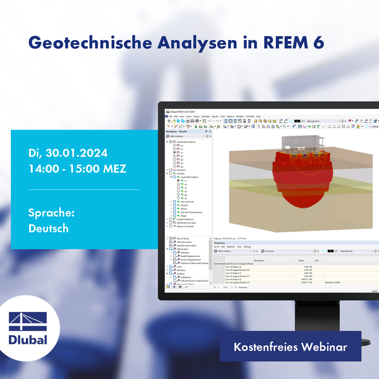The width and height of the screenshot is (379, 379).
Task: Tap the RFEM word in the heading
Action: (282, 43)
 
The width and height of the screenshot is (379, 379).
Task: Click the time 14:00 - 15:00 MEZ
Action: (77, 169)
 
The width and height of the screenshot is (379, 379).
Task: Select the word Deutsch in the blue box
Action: (48, 228)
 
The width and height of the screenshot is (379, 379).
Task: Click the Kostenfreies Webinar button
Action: (290, 347)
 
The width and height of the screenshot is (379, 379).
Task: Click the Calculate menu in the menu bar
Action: (206, 116)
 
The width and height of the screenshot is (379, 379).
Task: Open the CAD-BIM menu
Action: (250, 116)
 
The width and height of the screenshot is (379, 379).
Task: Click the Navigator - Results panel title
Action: (177, 131)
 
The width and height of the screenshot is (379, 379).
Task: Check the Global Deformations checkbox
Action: (171, 142)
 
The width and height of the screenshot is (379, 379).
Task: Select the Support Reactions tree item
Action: (185, 219)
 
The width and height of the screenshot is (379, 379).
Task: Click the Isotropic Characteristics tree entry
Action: (191, 212)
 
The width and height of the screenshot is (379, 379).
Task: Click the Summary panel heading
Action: (219, 243)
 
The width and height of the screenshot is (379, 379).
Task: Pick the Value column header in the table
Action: (301, 260)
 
